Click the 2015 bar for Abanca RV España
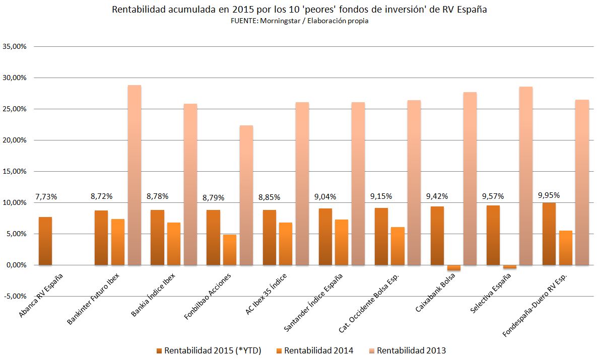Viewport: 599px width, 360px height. (x=45, y=241)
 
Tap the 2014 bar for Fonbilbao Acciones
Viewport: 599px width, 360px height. (x=230, y=250)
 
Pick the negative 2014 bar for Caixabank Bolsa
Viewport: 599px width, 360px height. (x=453, y=267)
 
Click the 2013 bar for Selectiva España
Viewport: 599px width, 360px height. (x=526, y=176)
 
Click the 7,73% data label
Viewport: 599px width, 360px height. (x=46, y=196)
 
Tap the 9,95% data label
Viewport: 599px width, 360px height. (x=549, y=195)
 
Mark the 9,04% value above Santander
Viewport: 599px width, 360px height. (x=325, y=196)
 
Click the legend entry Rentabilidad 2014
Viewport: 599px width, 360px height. (x=318, y=350)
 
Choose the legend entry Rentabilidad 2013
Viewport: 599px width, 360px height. (x=411, y=350)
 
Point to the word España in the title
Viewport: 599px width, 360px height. (x=471, y=10)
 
